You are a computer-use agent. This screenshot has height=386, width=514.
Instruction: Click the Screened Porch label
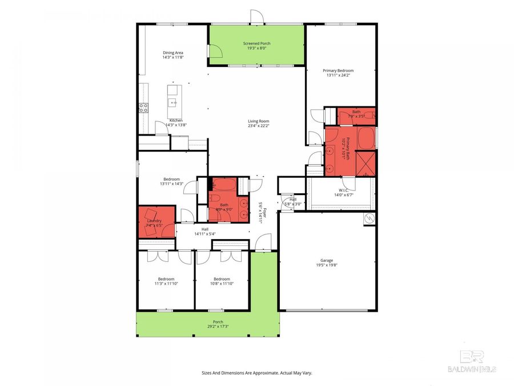click(x=256, y=43)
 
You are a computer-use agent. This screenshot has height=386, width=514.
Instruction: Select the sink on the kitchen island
click(x=172, y=102)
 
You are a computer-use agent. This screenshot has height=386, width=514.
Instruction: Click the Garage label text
click(x=327, y=260)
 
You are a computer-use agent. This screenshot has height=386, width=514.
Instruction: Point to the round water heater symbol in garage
click(x=370, y=218)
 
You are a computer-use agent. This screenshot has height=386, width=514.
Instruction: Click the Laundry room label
click(x=154, y=221)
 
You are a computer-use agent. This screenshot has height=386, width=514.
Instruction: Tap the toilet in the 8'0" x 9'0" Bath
click(x=212, y=185)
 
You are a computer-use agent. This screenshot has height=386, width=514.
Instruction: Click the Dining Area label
click(x=172, y=53)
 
